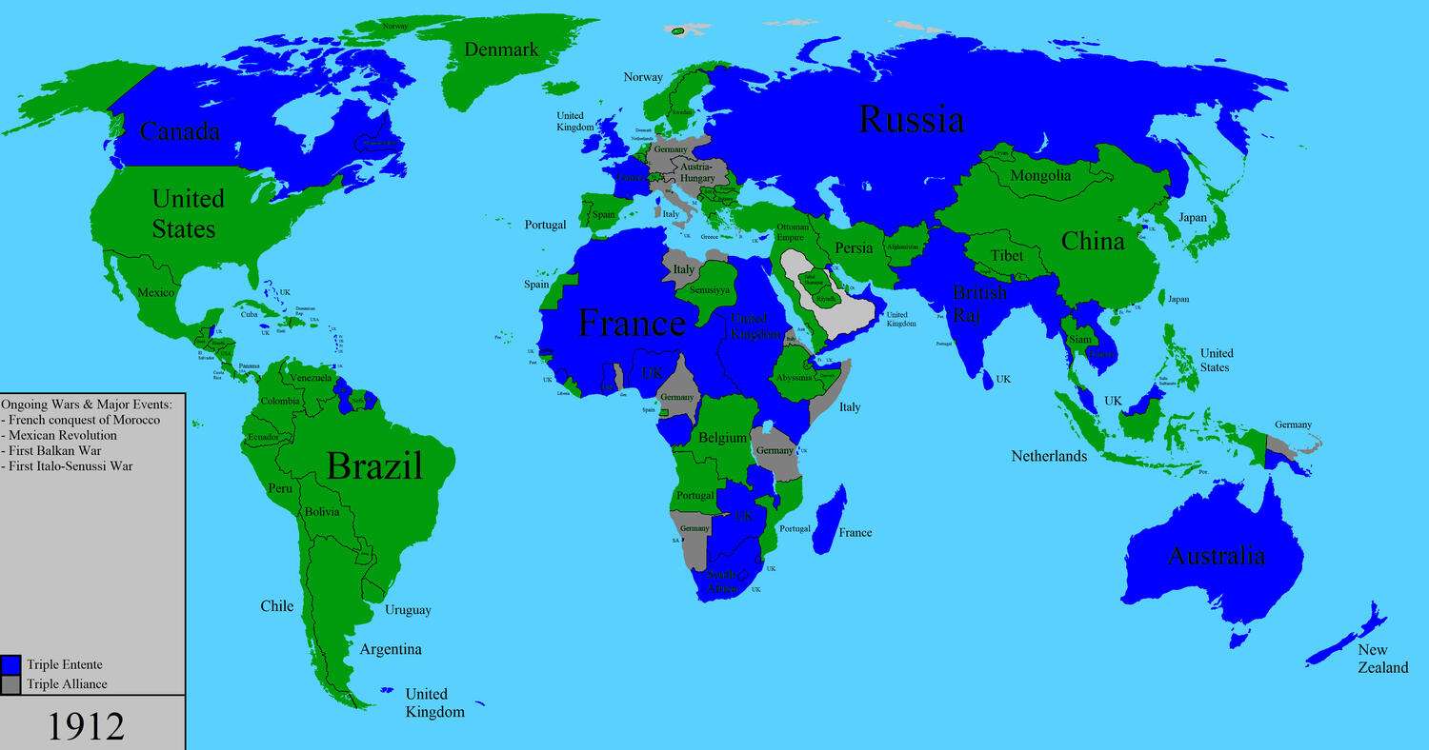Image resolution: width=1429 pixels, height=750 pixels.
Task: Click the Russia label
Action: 911,120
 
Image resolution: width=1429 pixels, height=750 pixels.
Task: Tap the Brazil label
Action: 373,466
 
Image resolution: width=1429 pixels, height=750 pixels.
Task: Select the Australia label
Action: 1217,556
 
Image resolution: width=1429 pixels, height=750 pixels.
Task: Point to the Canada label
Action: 180,131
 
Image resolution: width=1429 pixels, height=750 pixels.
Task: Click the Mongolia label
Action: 1040,175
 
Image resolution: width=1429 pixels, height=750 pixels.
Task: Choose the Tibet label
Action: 1007,255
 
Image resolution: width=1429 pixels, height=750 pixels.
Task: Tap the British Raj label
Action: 979,304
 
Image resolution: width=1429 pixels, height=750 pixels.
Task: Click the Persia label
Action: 854,247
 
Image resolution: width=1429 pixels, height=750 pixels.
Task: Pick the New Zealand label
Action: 1383,659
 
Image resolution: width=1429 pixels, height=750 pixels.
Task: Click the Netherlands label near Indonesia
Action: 1049,456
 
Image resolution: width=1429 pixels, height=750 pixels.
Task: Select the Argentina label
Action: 391,649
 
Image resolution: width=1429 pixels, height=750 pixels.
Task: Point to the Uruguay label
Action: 408,610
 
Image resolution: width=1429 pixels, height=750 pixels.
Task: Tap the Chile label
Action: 277,606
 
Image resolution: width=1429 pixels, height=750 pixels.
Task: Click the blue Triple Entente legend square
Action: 11,664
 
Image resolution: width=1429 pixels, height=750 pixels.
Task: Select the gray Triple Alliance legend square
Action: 11,683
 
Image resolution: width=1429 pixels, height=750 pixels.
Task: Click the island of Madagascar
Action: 829,519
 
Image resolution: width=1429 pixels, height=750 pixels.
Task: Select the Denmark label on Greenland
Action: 502,49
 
